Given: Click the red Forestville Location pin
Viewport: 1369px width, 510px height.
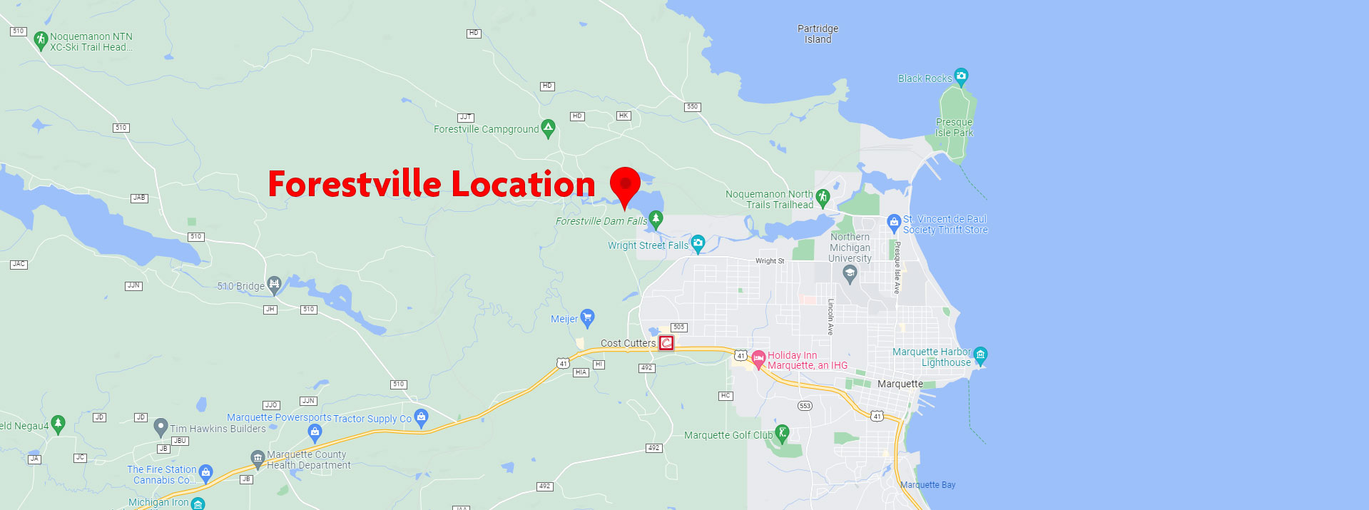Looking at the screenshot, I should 625,185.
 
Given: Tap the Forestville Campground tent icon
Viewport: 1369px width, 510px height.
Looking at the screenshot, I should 548,128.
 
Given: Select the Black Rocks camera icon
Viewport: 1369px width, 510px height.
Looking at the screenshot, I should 961,76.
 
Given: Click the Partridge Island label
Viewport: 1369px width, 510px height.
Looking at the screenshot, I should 818,34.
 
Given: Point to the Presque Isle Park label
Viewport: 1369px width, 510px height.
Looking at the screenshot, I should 954,128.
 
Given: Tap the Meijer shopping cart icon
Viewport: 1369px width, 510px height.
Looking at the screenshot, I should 587,317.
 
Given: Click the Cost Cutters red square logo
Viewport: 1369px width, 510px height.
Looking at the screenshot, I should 666,343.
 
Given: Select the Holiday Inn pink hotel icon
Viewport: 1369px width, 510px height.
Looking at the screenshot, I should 758,358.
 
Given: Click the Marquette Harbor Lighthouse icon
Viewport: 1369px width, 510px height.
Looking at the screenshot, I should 980,355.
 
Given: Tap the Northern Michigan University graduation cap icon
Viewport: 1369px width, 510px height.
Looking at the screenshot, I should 849,273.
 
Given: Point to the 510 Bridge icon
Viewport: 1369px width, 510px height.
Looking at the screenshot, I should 274,284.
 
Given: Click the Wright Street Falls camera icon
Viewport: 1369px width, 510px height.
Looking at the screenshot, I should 698,243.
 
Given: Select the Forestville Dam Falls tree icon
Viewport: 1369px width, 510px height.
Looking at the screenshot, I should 656,218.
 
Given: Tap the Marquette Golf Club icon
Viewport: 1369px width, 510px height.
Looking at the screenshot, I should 782,432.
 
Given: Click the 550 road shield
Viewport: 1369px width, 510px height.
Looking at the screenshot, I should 692,107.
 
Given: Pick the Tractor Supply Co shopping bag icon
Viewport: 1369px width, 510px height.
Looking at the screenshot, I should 421,417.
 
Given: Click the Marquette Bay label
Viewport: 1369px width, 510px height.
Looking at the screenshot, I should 927,485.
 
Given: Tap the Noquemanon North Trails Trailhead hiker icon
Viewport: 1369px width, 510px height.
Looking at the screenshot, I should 823,197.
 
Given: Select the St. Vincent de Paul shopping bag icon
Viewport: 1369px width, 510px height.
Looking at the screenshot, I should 894,223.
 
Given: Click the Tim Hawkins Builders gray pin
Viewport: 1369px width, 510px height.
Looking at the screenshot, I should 161,427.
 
